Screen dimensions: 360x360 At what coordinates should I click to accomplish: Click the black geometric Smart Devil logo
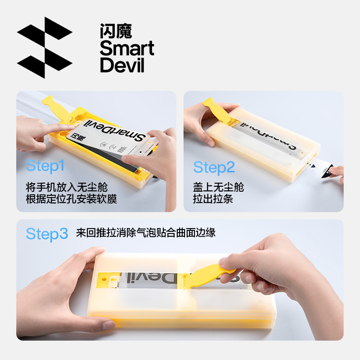tap(45, 48)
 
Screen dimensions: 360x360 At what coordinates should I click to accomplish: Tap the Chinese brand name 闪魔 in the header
tap(116, 31)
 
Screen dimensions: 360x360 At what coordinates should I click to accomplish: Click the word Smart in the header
tap(127, 48)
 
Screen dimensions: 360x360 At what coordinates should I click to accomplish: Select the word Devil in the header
tap(122, 65)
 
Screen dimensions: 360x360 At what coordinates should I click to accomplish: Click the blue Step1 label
tap(45, 166)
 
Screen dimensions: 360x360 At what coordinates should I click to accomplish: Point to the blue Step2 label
tap(214, 167)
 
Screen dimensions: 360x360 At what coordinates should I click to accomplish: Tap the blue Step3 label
tap(47, 234)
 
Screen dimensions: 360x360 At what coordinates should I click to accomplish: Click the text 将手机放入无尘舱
tap(67, 187)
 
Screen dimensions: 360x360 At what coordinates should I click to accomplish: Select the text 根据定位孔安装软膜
tap(72, 199)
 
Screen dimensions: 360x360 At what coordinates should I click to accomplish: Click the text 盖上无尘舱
tap(218, 187)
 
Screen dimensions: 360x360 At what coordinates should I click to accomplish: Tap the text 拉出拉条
tap(213, 199)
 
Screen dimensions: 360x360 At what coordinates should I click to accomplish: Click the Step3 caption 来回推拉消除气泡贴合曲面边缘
tap(146, 233)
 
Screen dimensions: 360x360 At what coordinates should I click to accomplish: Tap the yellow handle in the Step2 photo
tap(217, 110)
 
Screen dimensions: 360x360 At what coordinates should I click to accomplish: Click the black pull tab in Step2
tap(327, 171)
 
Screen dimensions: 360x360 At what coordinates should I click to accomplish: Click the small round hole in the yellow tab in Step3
tap(104, 279)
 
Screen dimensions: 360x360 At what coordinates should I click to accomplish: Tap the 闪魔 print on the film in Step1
tap(77, 137)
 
